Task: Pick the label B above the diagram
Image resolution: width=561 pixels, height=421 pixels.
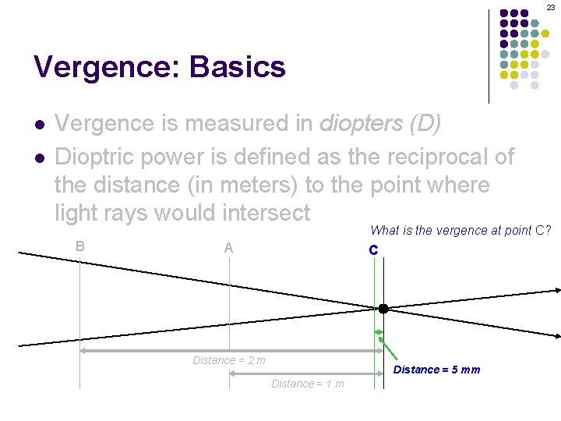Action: [79, 246]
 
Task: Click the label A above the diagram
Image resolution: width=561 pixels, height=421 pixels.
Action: [228, 248]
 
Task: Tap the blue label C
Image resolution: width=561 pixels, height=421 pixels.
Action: [373, 250]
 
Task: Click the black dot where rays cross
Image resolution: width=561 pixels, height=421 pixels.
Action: [383, 308]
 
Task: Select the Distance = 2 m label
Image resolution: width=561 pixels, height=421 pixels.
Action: [229, 360]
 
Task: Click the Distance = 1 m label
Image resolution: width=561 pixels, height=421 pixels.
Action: [307, 384]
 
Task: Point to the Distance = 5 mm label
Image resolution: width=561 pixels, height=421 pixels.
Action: [436, 370]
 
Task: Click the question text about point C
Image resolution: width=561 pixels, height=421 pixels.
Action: [460, 230]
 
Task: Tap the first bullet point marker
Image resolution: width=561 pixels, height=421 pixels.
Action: [38, 125]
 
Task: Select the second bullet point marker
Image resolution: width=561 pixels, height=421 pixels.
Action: [38, 158]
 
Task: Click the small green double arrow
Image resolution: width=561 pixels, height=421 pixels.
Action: [379, 333]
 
